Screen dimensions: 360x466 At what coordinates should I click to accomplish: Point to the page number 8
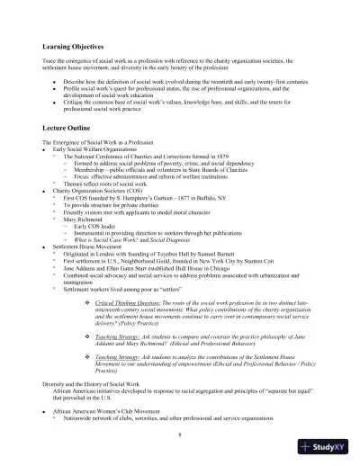tap(180, 434)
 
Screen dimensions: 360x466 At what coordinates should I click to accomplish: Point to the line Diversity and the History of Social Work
tap(94, 387)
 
